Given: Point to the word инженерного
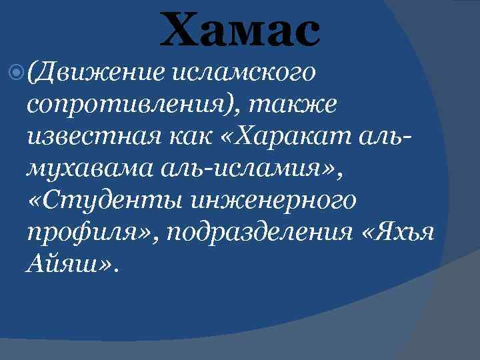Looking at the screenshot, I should point(273,199).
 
